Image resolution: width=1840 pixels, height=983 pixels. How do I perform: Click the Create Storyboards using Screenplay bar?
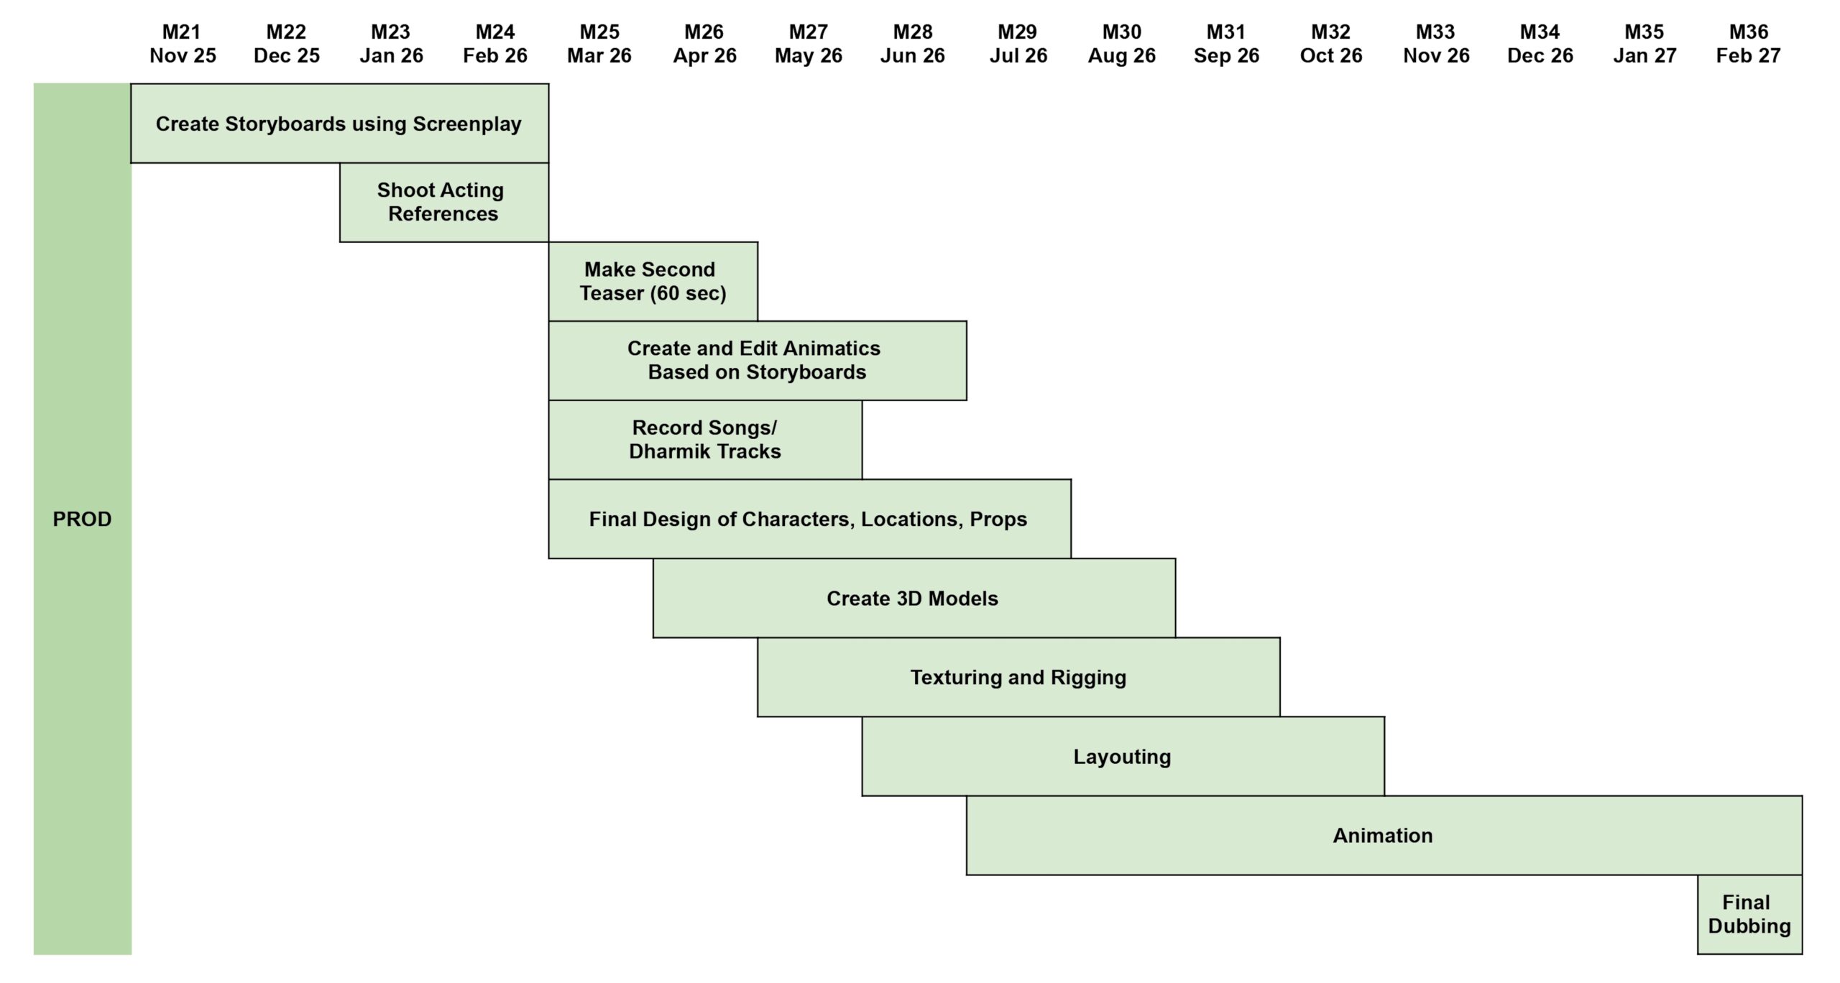tap(339, 124)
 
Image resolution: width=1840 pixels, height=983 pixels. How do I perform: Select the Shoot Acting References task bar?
tap(443, 202)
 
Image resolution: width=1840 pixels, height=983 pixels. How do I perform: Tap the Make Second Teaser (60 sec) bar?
tap(653, 281)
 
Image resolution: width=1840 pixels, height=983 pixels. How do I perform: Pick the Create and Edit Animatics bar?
tap(757, 360)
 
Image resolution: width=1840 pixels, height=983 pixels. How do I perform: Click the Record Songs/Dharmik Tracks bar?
tap(704, 439)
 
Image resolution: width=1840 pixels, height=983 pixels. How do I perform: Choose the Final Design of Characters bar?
tap(809, 519)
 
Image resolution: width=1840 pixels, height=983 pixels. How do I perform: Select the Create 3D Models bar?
tap(913, 598)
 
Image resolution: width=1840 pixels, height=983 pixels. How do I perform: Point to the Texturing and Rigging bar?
tap(1018, 677)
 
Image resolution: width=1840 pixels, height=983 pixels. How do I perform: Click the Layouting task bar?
tap(1122, 756)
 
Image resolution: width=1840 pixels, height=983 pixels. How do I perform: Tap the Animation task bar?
tap(1383, 835)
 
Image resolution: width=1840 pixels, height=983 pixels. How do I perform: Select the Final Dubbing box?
tap(1749, 914)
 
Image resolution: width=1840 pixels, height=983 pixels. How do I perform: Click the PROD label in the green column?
tap(82, 519)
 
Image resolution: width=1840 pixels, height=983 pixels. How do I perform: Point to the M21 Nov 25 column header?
tap(183, 44)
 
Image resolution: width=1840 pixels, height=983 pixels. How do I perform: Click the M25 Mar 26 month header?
tap(599, 44)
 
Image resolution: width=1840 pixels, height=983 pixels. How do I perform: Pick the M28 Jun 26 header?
tap(913, 44)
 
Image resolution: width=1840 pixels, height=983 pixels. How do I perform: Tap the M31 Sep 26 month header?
tap(1226, 44)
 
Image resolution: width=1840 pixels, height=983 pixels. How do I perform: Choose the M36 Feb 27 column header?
tap(1748, 44)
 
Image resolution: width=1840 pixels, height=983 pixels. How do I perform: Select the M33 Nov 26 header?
tap(1436, 44)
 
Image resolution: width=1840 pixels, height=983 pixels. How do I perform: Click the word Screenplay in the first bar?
tap(466, 124)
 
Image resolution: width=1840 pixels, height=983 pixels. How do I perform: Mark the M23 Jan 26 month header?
tap(391, 44)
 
